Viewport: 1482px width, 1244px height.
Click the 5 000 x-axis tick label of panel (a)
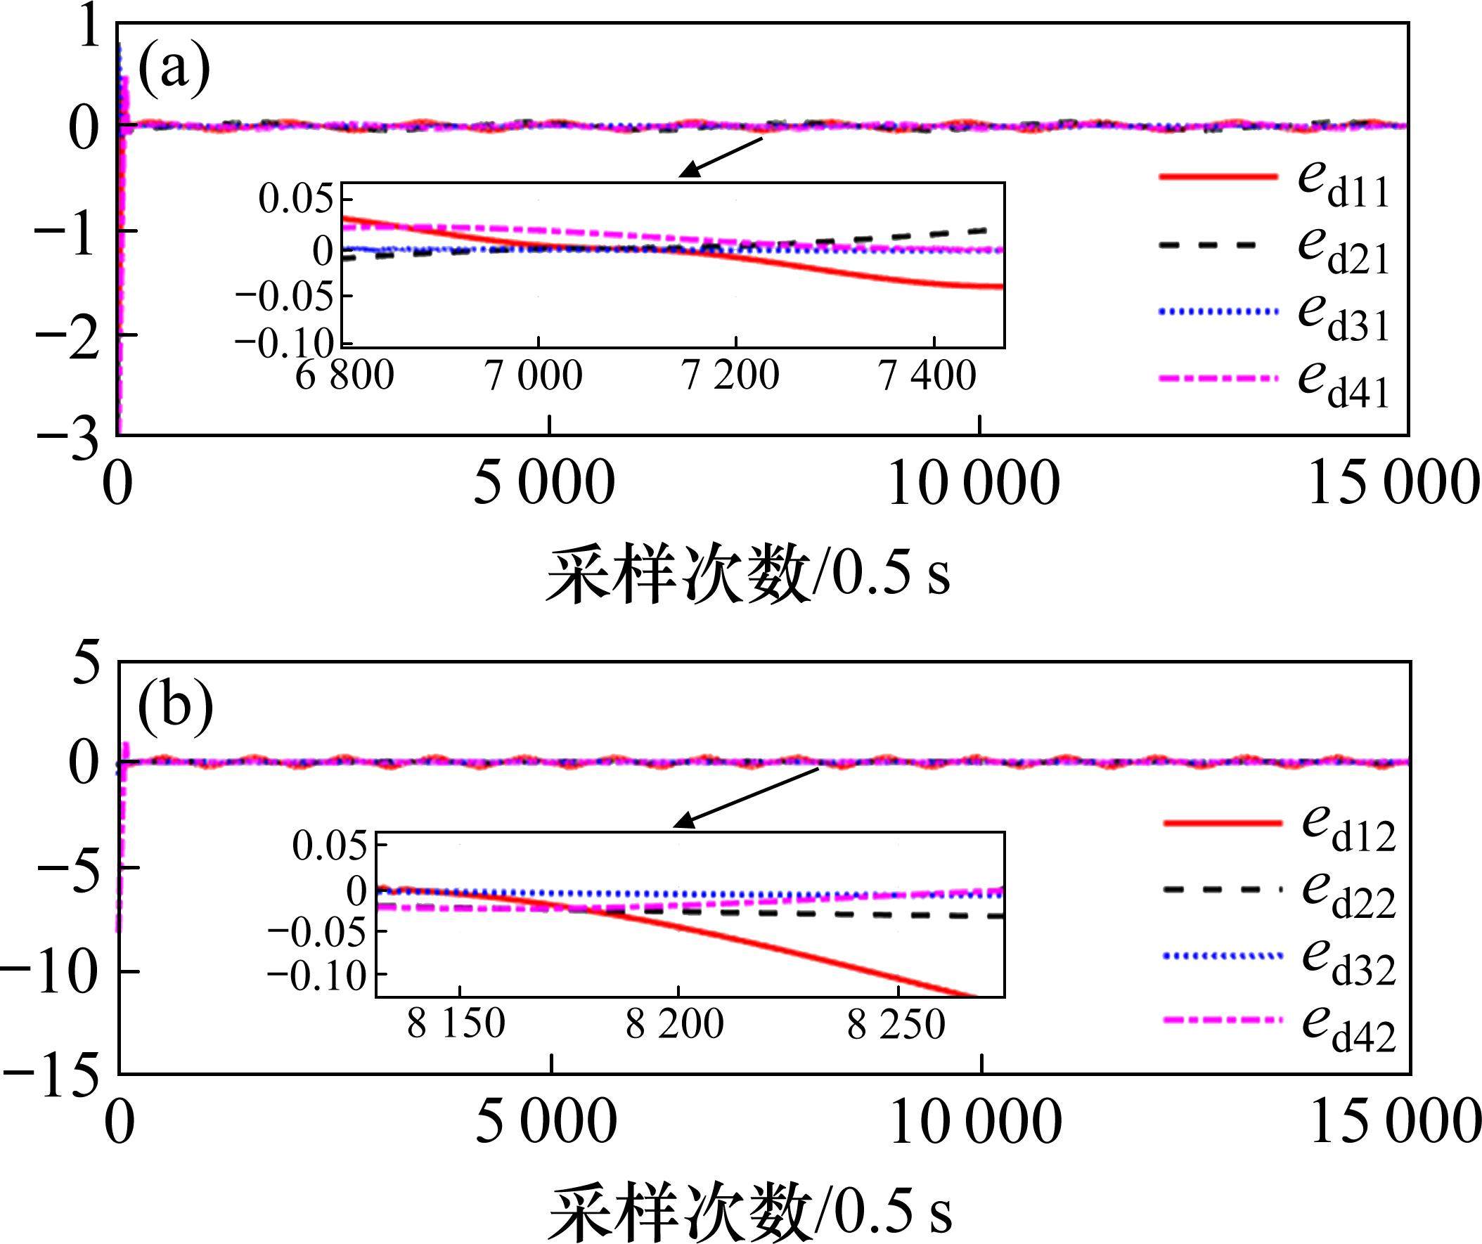pyautogui.click(x=543, y=485)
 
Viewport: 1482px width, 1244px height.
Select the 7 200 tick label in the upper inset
pyautogui.click(x=730, y=375)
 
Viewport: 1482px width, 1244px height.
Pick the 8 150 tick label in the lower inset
pyautogui.click(x=456, y=1024)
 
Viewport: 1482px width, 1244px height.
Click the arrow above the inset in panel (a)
pyautogui.click(x=720, y=157)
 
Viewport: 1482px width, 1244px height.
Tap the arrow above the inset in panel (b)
pyautogui.click(x=745, y=797)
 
